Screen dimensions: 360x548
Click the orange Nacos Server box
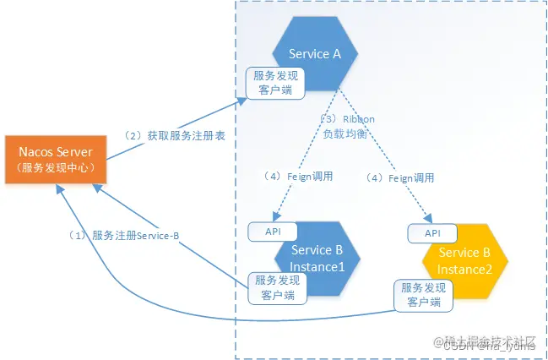pyautogui.click(x=56, y=160)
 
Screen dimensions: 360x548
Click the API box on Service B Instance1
pyautogui.click(x=272, y=231)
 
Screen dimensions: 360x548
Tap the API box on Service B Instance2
pyautogui.click(x=431, y=232)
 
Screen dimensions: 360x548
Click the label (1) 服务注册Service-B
pyautogui.click(x=123, y=235)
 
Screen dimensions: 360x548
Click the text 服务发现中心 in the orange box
pyautogui.click(x=56, y=167)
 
